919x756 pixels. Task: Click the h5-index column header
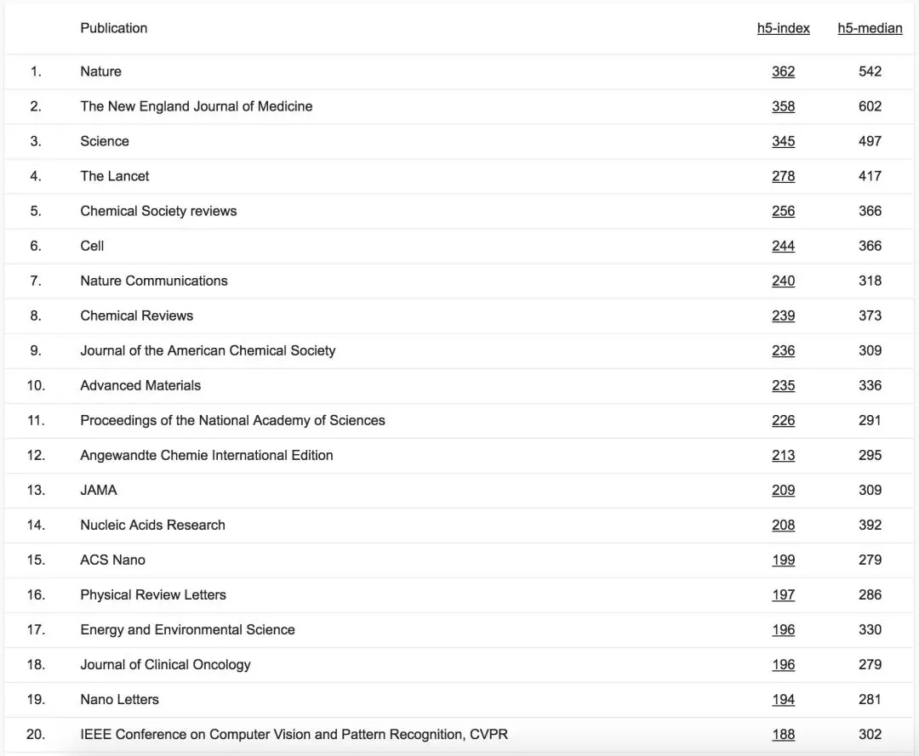783,28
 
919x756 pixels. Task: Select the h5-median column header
870,28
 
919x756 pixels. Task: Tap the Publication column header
113,28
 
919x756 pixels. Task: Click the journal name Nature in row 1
100,71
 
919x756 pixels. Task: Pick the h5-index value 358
783,106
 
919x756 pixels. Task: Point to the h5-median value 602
870,106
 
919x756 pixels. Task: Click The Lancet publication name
114,176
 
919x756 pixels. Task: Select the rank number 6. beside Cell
36,246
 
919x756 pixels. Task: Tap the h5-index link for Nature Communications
783,281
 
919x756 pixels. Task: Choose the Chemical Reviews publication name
136,315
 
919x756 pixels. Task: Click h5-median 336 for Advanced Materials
870,385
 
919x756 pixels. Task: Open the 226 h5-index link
783,420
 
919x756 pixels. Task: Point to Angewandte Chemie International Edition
206,455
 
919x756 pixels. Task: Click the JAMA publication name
99,490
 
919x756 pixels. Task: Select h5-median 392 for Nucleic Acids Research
870,525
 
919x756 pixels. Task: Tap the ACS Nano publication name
112,560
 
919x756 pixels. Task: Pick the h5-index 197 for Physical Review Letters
783,594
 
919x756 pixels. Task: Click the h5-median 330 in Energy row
870,629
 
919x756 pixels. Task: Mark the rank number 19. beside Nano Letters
36,699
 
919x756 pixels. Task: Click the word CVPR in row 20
488,734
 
